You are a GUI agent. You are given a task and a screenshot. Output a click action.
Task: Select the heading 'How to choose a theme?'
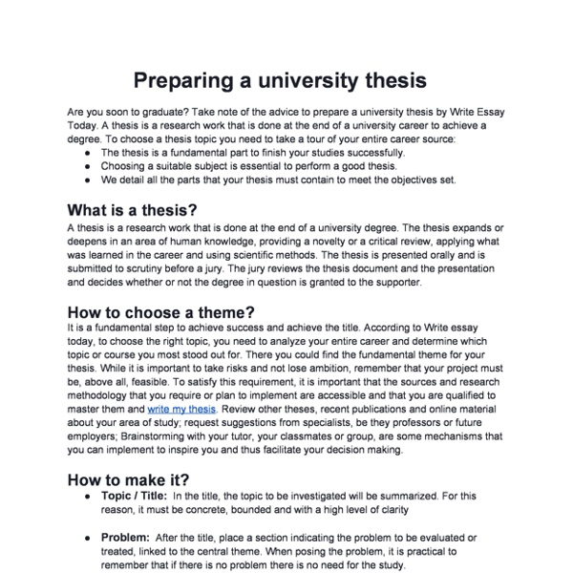pos(159,311)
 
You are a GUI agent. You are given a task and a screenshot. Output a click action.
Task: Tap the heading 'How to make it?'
pos(129,479)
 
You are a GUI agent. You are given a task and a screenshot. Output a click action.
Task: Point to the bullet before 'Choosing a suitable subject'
pos(88,165)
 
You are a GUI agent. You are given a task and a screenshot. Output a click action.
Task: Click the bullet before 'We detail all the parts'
pos(88,179)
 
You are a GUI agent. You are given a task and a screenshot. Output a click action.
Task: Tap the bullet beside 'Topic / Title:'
pos(88,497)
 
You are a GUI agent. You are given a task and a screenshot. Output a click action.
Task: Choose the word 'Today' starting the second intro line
pos(82,125)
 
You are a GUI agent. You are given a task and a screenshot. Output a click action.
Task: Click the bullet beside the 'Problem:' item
pos(88,538)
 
